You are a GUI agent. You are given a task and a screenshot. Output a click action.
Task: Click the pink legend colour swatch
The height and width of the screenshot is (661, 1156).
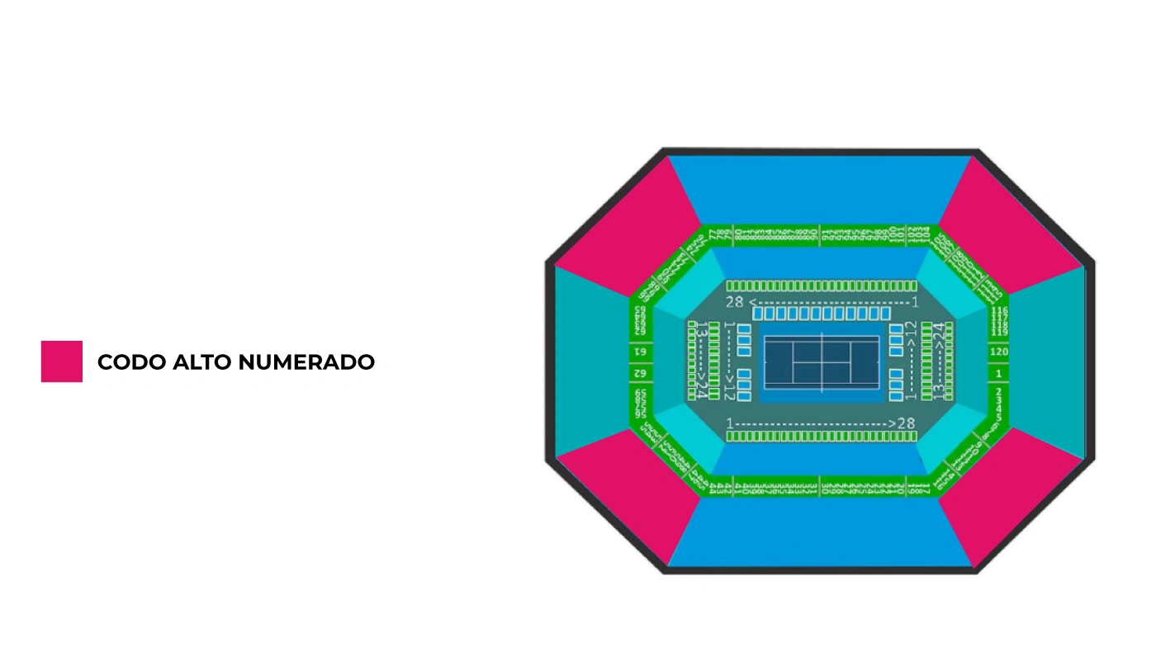pyautogui.click(x=62, y=361)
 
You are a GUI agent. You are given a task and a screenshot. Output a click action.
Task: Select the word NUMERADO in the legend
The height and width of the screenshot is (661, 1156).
pyautogui.click(x=306, y=362)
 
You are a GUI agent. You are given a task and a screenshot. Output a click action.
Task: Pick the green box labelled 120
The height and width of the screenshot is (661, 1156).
pyautogui.click(x=999, y=352)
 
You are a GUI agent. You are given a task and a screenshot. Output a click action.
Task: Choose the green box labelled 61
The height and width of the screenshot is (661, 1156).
pyautogui.click(x=640, y=352)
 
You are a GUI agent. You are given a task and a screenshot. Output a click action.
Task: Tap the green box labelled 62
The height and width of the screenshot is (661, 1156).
pyautogui.click(x=640, y=374)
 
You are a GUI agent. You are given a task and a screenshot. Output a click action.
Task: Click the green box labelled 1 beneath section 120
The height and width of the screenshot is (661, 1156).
pyautogui.click(x=999, y=374)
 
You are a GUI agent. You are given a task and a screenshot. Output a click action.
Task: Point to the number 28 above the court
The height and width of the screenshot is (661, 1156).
pyautogui.click(x=735, y=302)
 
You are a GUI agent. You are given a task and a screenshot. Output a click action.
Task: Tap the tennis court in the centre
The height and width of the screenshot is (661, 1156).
pyautogui.click(x=821, y=363)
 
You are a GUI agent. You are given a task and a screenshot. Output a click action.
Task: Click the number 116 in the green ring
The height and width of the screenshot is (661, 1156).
pyautogui.click(x=1000, y=310)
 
